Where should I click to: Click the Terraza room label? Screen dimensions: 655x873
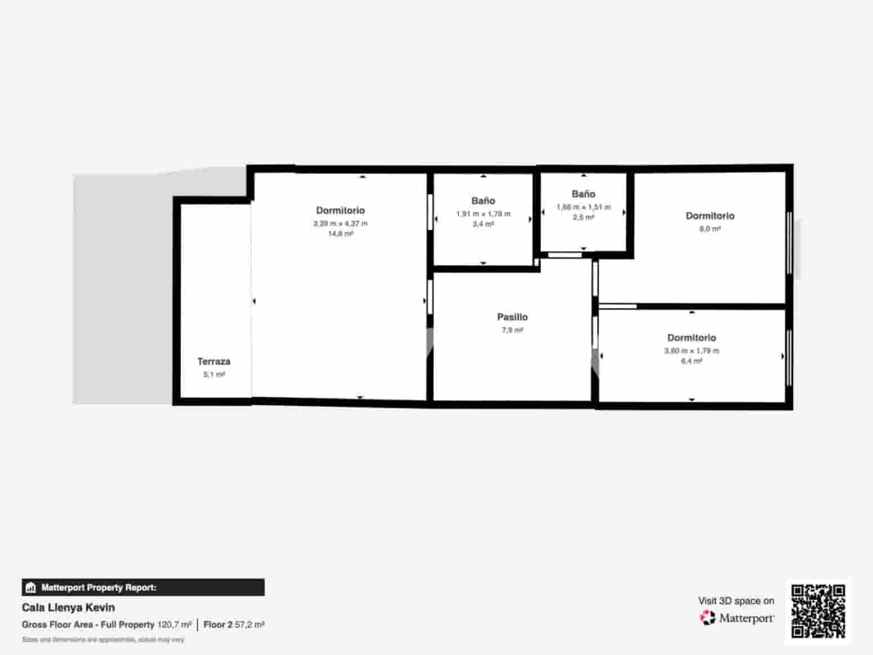(213, 361)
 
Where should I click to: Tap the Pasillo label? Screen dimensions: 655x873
(512, 317)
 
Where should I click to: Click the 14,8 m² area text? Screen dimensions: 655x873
(340, 233)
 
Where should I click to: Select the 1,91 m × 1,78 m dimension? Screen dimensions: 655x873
(483, 214)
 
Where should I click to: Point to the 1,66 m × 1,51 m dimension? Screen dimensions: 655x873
(584, 207)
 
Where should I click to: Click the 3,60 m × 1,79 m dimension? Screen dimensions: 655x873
(691, 351)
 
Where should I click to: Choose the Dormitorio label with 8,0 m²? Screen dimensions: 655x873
(710, 216)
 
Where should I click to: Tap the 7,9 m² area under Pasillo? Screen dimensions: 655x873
(512, 330)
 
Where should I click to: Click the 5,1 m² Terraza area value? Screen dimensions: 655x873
(213, 374)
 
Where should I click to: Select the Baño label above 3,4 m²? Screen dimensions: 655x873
(483, 201)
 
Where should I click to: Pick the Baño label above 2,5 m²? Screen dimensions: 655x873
(584, 194)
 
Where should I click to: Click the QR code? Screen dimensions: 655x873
(818, 611)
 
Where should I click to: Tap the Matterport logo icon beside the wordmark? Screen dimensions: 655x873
(707, 618)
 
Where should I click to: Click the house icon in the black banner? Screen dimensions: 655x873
(31, 588)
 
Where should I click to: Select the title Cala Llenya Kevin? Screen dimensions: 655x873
(68, 608)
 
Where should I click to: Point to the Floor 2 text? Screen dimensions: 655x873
(218, 625)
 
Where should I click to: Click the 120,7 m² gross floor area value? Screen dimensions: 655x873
(174, 625)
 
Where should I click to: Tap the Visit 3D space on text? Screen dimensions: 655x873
(736, 601)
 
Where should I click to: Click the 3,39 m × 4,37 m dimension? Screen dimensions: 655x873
(340, 223)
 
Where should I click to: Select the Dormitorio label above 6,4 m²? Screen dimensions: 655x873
(691, 338)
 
